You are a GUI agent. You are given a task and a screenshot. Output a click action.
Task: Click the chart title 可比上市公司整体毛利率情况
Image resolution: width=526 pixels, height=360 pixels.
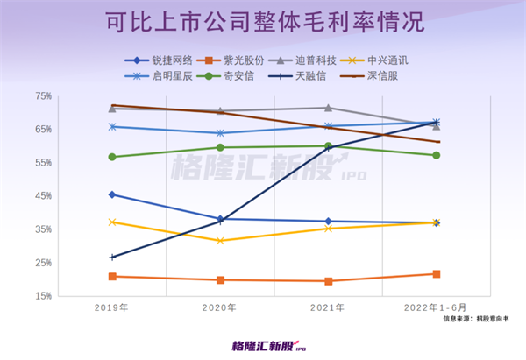[x=264, y=22]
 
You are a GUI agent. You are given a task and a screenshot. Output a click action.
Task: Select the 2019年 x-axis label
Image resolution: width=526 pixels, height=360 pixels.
[x=113, y=307]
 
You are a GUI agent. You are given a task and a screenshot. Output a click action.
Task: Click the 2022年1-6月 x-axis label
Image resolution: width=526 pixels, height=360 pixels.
[x=436, y=307]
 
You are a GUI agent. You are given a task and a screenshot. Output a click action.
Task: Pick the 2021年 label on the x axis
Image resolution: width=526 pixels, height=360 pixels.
[x=328, y=307]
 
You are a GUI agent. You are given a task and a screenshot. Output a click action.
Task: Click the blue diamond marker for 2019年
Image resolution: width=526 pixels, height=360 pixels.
[x=113, y=194]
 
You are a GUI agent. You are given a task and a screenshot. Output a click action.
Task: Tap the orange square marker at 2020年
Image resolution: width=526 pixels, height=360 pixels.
[x=220, y=280]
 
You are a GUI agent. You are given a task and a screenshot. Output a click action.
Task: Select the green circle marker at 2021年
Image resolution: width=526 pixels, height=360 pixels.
[x=328, y=146]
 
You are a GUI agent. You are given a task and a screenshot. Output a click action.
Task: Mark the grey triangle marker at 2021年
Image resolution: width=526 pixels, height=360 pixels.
[x=328, y=108]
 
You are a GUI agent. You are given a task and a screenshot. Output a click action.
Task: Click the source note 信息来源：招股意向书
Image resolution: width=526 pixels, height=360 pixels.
[x=480, y=321]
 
